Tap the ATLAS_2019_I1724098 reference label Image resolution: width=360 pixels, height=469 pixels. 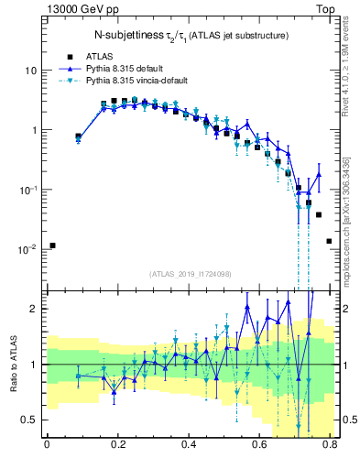pyautogui.click(x=191, y=273)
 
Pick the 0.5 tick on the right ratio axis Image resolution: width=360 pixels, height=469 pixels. pyautogui.click(x=347, y=420)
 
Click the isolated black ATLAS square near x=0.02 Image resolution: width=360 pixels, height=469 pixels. pyautogui.click(x=53, y=245)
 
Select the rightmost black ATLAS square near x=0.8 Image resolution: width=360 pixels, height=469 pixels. pyautogui.click(x=329, y=241)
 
